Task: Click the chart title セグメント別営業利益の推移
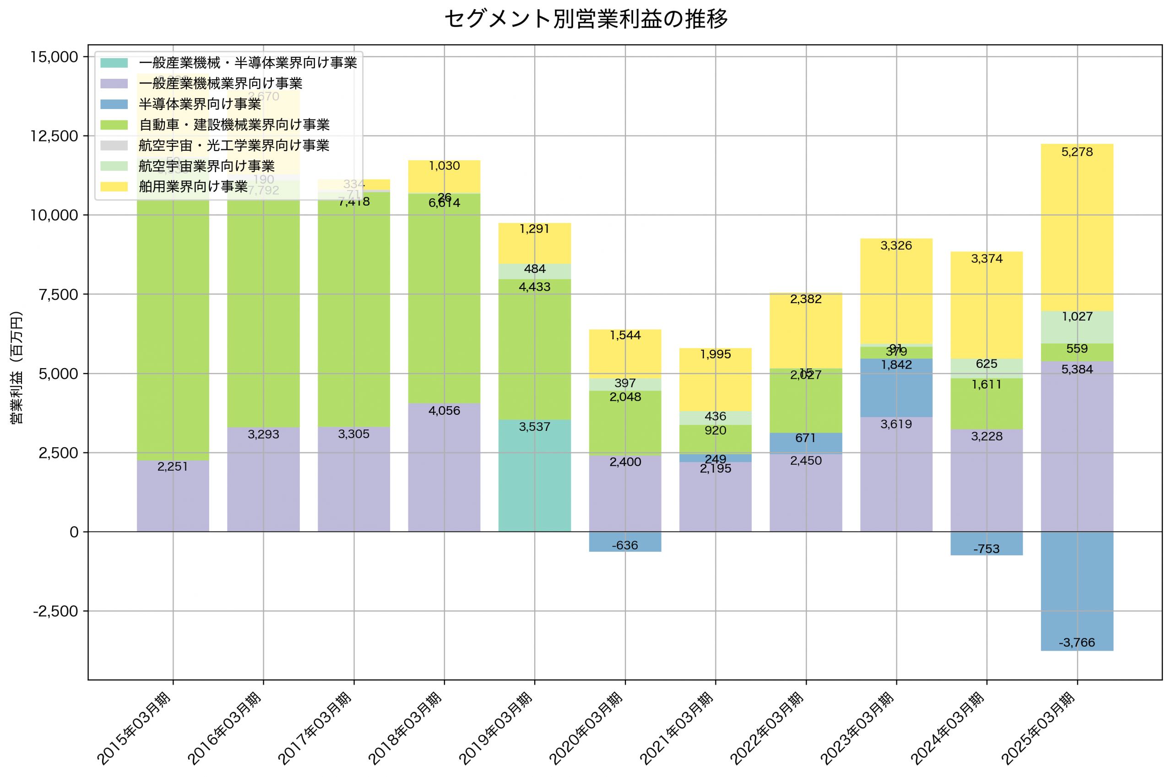click(x=586, y=19)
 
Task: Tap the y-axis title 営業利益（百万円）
click(x=16, y=367)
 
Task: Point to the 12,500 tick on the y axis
click(x=54, y=136)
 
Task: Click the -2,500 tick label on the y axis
click(x=55, y=611)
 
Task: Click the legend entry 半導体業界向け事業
click(x=200, y=104)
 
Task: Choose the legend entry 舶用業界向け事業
click(x=193, y=186)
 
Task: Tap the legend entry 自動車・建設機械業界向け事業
click(x=234, y=125)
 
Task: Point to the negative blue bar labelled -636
click(x=624, y=541)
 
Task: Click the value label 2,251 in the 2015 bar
click(x=173, y=466)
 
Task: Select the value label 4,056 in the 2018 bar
click(x=444, y=411)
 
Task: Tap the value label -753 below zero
click(x=986, y=549)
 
